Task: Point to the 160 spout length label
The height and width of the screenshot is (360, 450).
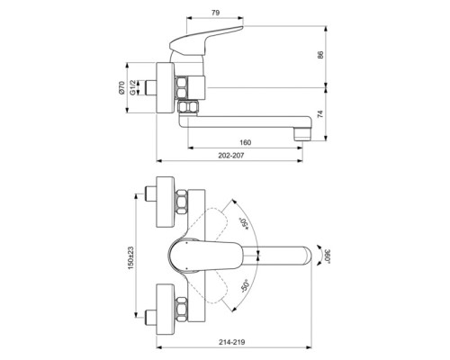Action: tap(246, 141)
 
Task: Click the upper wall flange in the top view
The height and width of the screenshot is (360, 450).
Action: tap(166, 203)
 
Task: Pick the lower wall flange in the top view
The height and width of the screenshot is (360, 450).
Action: tap(166, 306)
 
